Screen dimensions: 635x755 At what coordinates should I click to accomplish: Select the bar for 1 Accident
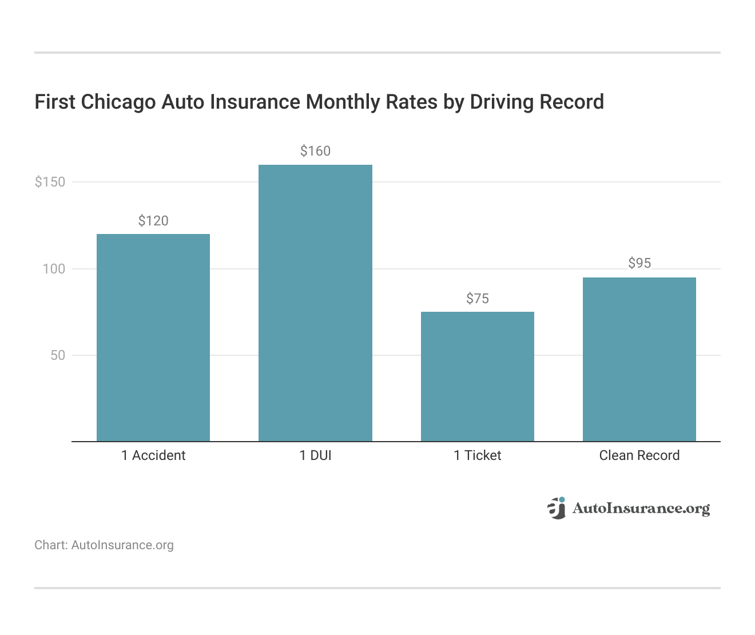coord(153,338)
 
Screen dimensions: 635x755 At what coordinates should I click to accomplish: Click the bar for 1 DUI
coord(315,303)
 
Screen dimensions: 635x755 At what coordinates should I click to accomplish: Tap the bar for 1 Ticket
coord(478,376)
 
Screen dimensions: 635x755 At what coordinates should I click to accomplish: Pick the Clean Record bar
coord(639,359)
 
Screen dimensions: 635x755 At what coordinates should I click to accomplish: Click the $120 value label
coord(153,221)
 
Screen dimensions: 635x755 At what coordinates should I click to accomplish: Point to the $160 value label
coord(315,151)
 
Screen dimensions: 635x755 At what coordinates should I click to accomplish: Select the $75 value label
coord(478,299)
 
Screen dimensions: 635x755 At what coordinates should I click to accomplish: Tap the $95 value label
coord(639,263)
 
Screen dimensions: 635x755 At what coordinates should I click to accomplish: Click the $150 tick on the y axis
coord(50,182)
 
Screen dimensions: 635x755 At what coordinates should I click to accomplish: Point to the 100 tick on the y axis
coord(54,269)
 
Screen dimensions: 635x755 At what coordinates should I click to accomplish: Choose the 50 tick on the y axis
coord(58,355)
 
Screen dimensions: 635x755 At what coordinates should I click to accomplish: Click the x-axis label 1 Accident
coord(153,455)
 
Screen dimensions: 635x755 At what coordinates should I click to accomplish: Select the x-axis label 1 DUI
coord(315,455)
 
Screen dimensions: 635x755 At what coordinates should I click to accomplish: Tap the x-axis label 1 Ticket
coord(478,455)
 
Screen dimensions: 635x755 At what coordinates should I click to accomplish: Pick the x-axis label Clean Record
coord(639,455)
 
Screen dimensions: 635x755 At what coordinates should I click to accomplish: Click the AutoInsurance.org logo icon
coord(556,508)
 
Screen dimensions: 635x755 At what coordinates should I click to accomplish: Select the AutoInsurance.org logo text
coord(641,509)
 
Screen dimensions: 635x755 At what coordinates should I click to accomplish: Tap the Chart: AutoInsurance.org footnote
coord(104,545)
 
